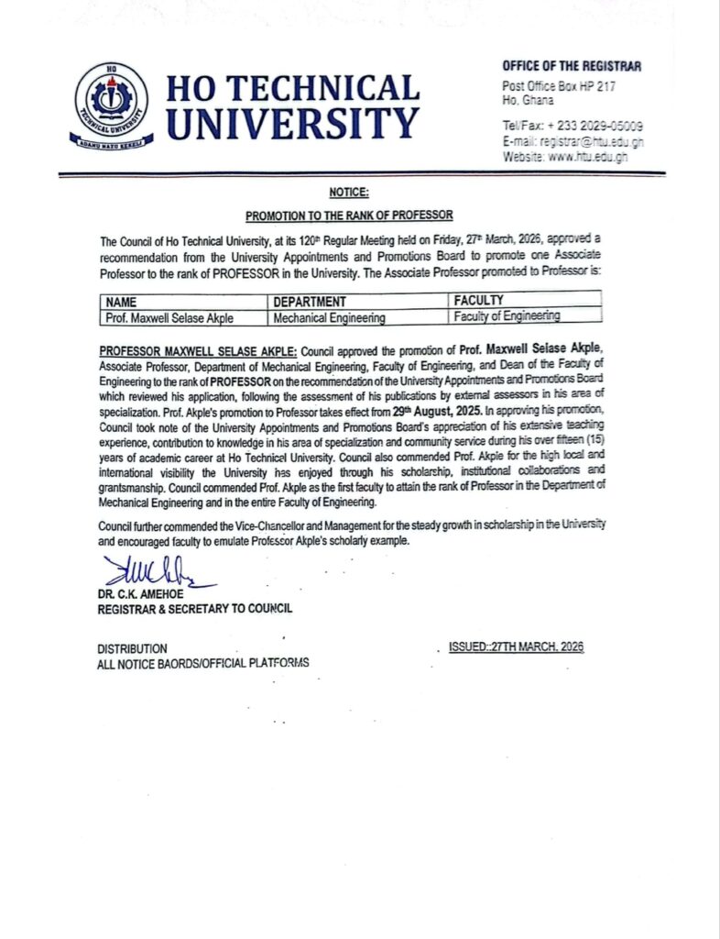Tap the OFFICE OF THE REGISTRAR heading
572,66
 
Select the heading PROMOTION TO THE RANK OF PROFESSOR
349,215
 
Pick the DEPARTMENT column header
310,301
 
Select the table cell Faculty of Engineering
507,315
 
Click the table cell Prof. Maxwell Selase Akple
169,317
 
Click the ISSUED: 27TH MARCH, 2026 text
516,647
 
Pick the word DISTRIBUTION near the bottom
132,648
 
